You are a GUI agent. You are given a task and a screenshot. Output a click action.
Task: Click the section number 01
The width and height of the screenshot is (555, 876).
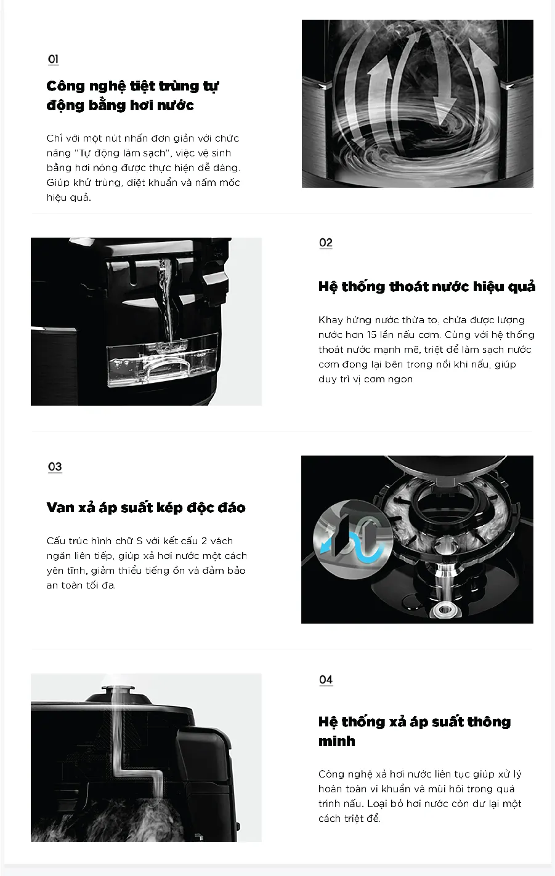53,59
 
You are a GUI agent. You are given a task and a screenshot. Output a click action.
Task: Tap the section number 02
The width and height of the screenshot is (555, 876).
326,243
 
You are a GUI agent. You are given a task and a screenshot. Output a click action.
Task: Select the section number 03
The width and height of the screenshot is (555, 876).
55,467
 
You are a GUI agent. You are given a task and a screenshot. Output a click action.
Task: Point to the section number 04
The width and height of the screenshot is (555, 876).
326,680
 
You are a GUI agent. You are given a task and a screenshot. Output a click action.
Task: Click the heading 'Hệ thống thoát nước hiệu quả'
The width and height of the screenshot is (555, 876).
427,287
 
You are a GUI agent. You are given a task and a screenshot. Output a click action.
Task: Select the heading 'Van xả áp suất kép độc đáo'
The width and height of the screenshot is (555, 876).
146,507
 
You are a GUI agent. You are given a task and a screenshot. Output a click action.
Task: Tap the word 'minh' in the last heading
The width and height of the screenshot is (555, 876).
336,741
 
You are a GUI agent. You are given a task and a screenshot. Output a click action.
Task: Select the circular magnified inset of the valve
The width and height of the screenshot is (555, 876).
352,539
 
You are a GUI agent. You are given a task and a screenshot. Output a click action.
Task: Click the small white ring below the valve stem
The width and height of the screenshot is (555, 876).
444,609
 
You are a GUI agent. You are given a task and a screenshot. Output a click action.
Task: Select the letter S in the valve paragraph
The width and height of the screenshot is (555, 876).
139,541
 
